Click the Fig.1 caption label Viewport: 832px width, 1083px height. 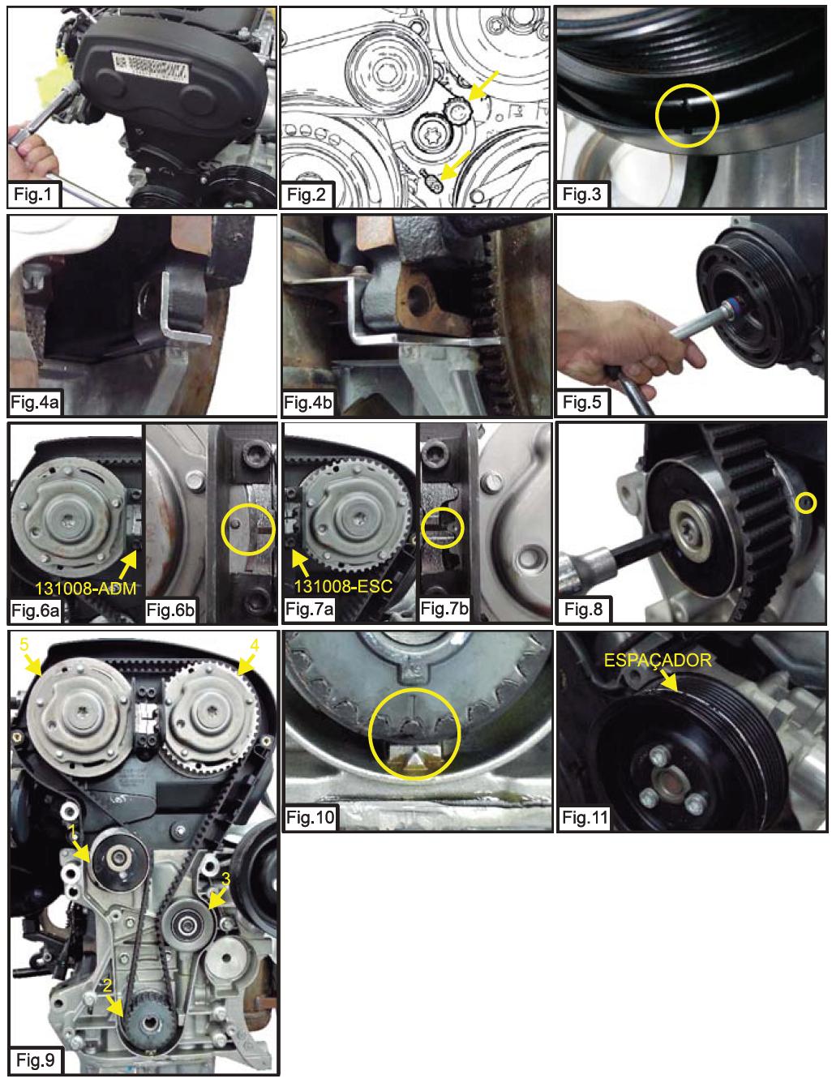point(33,194)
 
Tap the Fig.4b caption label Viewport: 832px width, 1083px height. point(307,402)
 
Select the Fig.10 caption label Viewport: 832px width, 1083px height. point(310,817)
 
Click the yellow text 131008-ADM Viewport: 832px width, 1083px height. point(85,588)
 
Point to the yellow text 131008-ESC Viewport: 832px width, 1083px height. point(343,586)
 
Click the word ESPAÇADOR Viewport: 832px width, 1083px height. point(658,661)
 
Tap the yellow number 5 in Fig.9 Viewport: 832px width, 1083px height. point(24,645)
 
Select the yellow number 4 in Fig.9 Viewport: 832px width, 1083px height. point(255,645)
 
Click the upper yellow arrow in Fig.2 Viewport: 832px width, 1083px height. point(482,86)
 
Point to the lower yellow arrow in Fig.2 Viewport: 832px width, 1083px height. point(455,165)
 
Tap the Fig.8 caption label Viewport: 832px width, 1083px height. point(583,609)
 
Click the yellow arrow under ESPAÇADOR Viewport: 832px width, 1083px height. point(669,680)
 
